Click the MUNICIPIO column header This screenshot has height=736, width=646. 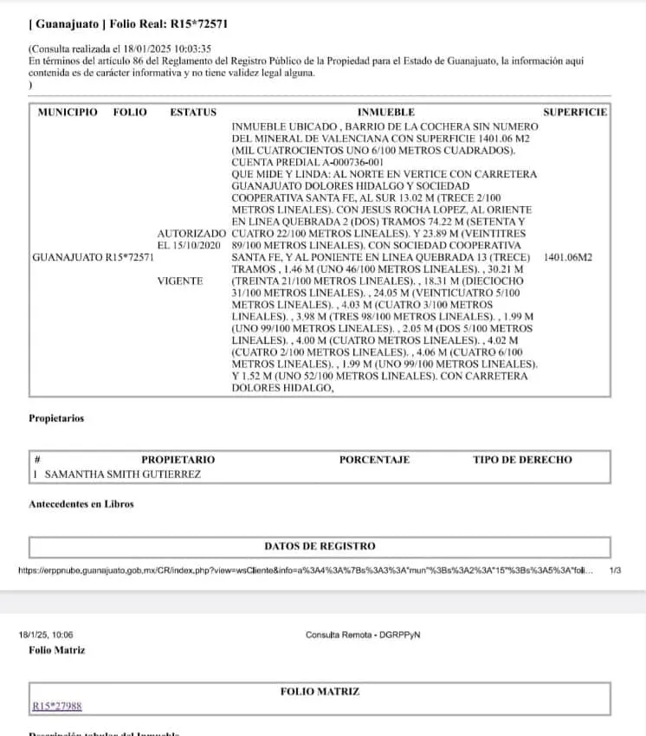tap(68, 113)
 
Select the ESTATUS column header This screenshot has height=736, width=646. tap(193, 113)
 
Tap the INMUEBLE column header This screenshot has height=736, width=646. tap(385, 113)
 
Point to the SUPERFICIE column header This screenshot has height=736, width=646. tap(575, 113)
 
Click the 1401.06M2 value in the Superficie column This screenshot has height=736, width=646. tap(568, 257)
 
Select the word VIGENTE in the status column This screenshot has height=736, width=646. tap(180, 281)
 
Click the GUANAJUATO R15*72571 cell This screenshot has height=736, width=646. tap(93, 257)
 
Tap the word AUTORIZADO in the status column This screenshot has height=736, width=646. tap(191, 234)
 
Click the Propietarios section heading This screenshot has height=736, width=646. tap(56, 418)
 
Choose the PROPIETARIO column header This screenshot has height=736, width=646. tap(178, 460)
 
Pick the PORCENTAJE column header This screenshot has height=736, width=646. tap(374, 460)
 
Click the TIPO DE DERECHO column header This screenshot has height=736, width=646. tap(522, 460)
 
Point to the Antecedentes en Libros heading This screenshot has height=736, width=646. tap(81, 504)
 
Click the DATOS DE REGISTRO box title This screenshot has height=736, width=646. tap(320, 546)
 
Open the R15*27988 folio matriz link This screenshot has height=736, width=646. tap(57, 707)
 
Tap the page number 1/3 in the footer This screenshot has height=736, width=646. tap(616, 571)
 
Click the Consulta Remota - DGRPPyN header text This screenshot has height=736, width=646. tap(363, 635)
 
